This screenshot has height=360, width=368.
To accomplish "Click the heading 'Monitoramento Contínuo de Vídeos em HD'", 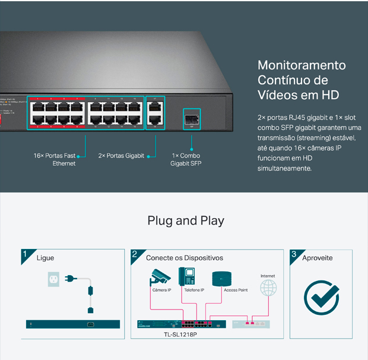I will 302,80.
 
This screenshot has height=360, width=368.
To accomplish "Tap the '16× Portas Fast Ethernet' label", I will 55,159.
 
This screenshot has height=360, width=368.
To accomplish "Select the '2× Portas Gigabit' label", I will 121,156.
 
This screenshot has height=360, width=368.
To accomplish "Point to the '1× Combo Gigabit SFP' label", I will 186,159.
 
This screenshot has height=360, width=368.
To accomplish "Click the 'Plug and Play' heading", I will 186,221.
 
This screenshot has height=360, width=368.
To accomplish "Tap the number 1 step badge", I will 25,254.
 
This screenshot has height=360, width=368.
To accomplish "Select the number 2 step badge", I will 135,254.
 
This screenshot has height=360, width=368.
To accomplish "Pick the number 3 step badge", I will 294,254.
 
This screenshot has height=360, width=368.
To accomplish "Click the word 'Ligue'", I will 45,258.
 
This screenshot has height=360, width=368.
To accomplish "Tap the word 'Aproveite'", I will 318,258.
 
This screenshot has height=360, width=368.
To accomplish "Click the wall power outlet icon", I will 55,279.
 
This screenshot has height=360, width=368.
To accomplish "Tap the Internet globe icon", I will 268,288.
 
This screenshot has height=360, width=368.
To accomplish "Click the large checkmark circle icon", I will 321,297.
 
